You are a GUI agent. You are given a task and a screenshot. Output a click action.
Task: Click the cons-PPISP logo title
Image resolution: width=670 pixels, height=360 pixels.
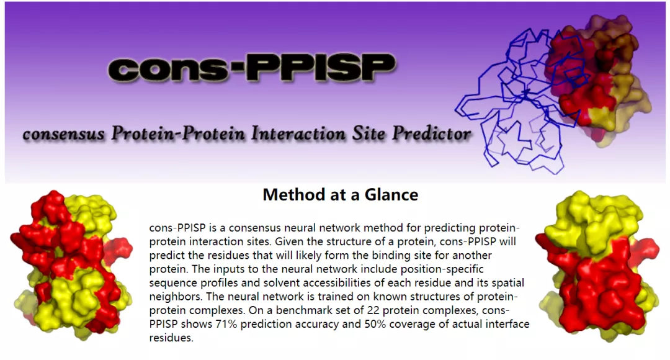tap(252, 68)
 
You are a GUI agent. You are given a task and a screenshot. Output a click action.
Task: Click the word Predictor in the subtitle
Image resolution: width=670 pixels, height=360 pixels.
tap(432, 133)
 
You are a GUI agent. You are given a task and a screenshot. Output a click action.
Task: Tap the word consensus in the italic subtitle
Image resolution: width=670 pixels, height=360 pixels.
tap(64, 134)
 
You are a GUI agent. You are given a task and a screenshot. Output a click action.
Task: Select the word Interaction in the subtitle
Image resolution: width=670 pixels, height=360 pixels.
tap(298, 133)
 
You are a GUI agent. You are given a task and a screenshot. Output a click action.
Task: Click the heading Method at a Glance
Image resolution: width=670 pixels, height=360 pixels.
tap(340, 194)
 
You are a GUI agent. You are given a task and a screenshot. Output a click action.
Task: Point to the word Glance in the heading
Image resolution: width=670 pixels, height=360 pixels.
tap(391, 194)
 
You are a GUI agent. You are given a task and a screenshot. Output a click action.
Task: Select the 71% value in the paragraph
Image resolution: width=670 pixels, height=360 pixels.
tap(226, 323)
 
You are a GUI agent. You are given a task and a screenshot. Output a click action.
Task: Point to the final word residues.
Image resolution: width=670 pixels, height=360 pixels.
tap(171, 338)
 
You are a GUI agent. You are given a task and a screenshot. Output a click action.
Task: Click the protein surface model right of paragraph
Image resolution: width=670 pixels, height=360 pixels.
tap(597, 266)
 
